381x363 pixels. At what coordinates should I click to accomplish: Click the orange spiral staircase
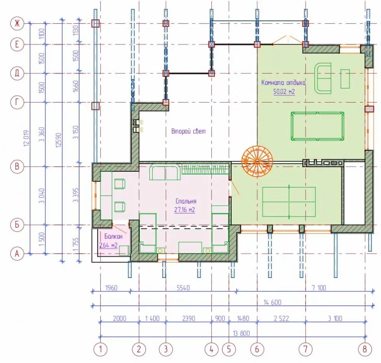pos(257,161)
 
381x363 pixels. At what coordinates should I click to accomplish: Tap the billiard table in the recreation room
pos(318,126)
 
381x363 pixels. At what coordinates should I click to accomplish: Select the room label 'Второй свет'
pos(189,131)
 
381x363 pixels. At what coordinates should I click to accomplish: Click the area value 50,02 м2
pos(284,91)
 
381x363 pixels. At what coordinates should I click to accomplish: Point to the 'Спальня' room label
pos(186,201)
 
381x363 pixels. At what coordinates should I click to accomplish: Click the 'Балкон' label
pos(113,236)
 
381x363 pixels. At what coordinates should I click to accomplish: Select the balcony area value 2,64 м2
pos(108,245)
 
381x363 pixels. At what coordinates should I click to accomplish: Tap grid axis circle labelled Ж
pos(17,23)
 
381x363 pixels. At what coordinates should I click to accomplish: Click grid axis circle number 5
pos(229,349)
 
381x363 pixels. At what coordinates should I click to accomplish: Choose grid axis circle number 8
pos(365,349)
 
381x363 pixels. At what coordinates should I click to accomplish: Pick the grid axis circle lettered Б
pos(17,224)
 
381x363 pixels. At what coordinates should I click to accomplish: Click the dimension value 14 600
pos(272,302)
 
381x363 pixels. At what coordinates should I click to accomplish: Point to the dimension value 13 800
pos(241,333)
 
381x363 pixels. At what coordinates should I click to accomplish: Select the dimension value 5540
pos(183,288)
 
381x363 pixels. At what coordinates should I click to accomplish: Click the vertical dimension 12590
pos(59,140)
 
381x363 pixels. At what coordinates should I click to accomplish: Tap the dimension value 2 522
pos(281,318)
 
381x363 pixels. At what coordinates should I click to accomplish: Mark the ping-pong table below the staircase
pos(289,201)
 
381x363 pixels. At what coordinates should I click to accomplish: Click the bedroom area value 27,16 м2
pos(185,209)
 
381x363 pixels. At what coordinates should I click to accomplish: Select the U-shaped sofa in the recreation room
pos(323,78)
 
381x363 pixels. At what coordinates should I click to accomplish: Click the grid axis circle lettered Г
pos(17,102)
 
